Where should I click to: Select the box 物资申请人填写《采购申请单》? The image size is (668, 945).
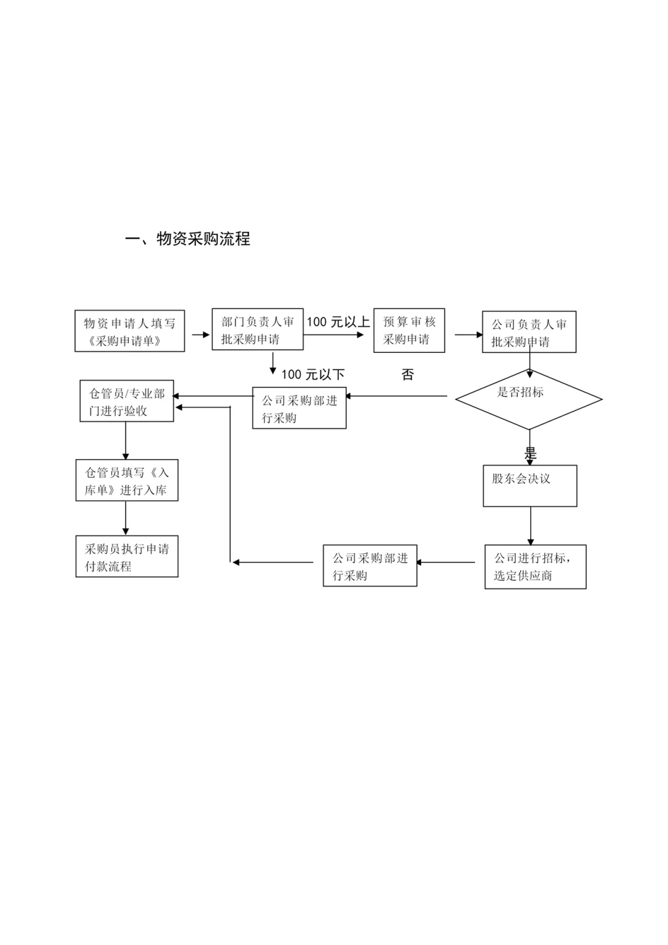click(130, 331)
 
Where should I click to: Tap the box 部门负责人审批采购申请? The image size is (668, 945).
click(257, 330)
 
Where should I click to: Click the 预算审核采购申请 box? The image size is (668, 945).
click(409, 330)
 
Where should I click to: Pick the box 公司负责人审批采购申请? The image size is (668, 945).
click(529, 333)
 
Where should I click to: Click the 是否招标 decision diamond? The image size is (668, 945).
click(529, 399)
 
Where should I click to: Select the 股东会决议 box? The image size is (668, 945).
click(529, 486)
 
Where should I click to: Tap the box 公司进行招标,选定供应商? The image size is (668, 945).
click(535, 566)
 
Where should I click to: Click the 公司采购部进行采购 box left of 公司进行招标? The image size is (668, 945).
click(370, 566)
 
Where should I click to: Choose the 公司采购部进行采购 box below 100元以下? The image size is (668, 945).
click(299, 408)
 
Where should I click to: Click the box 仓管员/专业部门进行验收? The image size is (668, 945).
click(127, 402)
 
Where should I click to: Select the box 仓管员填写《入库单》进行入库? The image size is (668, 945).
click(127, 480)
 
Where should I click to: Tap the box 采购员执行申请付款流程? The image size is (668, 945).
click(127, 556)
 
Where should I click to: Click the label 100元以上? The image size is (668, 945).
click(338, 321)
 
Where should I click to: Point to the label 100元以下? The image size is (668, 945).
click(313, 375)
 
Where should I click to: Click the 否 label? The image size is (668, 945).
click(408, 375)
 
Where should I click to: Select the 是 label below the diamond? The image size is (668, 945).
click(530, 453)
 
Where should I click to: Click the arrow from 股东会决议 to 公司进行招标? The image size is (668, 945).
click(530, 525)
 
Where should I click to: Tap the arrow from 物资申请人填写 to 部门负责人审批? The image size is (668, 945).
click(200, 334)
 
